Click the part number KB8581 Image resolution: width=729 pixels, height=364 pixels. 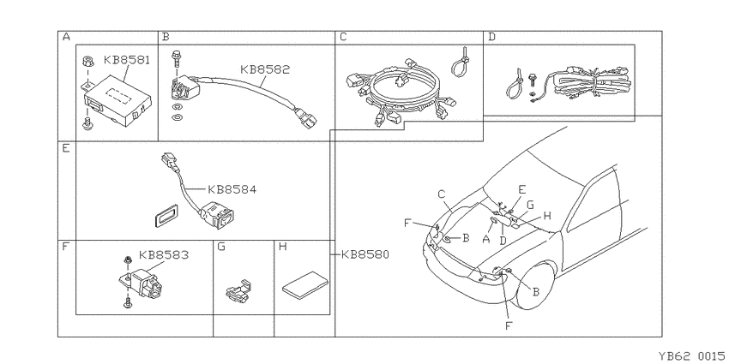pos(127,60)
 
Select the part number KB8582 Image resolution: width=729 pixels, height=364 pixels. pos(265,69)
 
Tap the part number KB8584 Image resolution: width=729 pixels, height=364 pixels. pos(232,189)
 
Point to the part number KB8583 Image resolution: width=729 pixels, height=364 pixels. pos(164,255)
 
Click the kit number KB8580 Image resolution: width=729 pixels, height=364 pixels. pos(365,254)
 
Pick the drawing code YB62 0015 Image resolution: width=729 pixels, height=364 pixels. pos(691,355)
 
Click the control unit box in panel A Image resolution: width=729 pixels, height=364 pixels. pos(117,100)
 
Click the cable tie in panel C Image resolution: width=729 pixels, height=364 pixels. pos(462,62)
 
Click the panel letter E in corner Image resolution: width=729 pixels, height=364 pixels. pos(65,148)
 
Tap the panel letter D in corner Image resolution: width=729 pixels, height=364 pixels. pos(492,37)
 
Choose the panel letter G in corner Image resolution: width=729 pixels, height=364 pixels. pos(221,247)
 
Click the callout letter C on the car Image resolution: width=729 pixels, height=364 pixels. pos(442,194)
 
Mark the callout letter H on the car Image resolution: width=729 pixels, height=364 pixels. pos(547,216)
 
